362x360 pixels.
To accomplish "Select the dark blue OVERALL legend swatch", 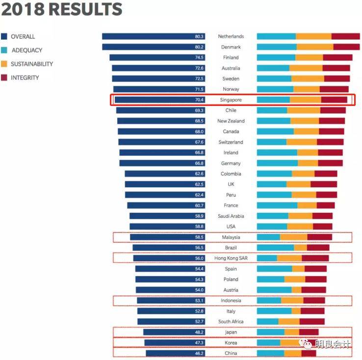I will point(4,36).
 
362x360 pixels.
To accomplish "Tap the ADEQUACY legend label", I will point(27,50).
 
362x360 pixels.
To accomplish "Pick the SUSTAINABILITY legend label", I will point(32,64).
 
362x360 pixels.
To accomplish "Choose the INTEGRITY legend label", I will point(25,77).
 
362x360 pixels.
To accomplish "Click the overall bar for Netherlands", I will point(147,36).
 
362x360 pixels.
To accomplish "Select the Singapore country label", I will point(231,100).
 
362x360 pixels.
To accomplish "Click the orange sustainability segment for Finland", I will point(309,57).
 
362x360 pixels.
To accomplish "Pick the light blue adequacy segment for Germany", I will point(277,163).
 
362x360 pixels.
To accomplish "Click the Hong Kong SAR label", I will point(231,258).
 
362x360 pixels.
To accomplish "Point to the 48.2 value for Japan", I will point(199,332).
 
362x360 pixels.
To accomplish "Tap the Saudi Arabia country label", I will point(231,216).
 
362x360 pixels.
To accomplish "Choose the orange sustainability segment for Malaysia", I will point(293,237).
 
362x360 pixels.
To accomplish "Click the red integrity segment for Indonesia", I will point(314,301).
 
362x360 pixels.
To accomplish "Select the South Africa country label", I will point(231,322).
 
